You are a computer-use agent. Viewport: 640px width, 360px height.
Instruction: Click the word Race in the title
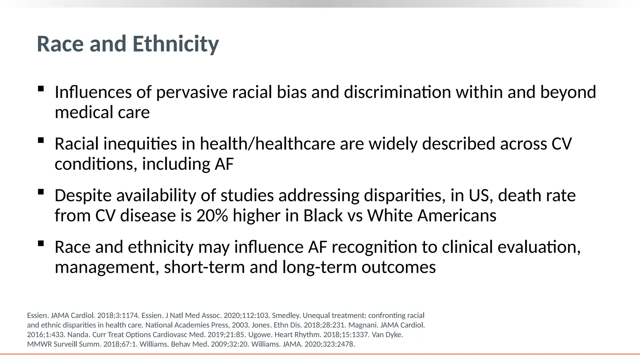[60, 44]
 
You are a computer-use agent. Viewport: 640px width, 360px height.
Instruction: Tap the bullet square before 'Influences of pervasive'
[41, 89]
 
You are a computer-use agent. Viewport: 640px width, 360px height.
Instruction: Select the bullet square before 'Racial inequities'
[41, 140]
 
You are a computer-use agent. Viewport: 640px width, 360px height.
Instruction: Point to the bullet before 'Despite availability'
[41, 192]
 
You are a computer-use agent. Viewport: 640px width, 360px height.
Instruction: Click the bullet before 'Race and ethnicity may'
[41, 243]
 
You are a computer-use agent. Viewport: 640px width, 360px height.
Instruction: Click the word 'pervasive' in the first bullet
[192, 92]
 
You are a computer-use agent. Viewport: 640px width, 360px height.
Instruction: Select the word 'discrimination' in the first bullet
[397, 92]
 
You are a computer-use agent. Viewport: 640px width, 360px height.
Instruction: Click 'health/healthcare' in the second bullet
[267, 144]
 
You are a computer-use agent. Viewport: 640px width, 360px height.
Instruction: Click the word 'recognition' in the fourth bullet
[374, 247]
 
